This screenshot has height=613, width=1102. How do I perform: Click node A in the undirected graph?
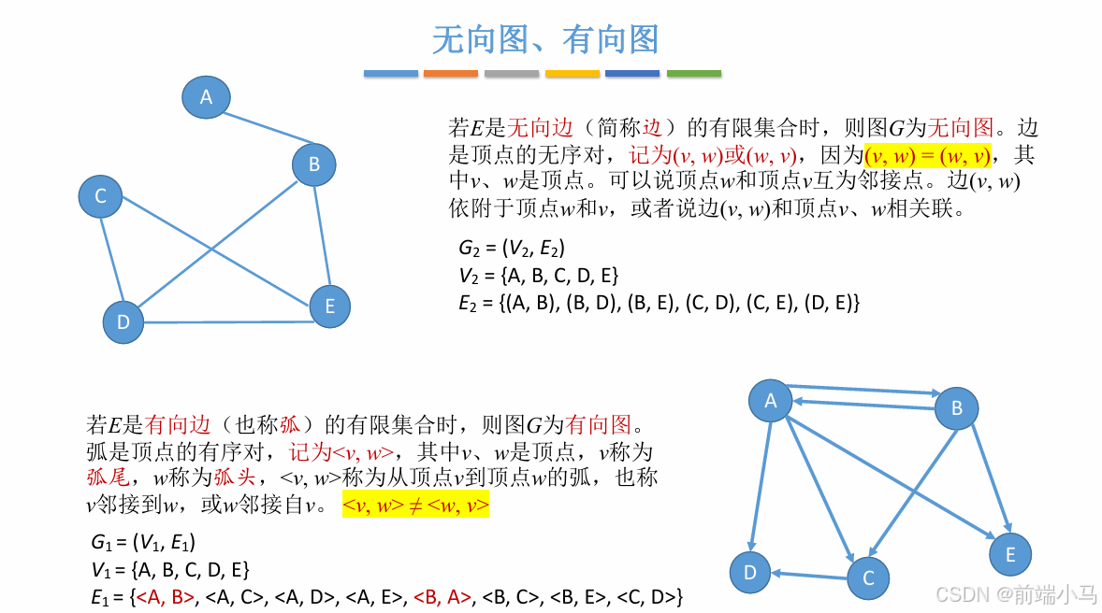click(206, 97)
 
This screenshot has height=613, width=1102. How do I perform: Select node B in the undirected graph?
click(314, 164)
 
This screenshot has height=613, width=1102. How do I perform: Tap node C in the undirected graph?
click(101, 196)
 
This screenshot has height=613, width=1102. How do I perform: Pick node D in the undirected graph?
click(123, 322)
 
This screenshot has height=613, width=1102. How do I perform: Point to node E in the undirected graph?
click(329, 306)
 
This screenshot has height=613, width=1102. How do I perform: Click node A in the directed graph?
click(771, 401)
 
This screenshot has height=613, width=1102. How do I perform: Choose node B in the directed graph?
click(956, 408)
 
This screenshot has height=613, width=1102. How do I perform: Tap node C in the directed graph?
click(868, 578)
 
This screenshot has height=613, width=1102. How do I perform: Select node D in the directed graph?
click(750, 572)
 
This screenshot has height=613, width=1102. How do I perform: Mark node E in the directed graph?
click(1010, 555)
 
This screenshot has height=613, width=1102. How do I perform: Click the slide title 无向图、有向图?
click(545, 39)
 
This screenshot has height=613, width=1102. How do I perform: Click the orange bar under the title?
click(451, 73)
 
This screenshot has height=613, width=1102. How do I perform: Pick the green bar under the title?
click(694, 73)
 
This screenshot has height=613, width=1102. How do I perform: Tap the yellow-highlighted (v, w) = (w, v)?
click(927, 155)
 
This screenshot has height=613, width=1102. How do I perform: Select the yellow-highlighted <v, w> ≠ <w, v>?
click(415, 506)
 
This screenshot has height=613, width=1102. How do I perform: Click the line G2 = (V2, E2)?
click(512, 249)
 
